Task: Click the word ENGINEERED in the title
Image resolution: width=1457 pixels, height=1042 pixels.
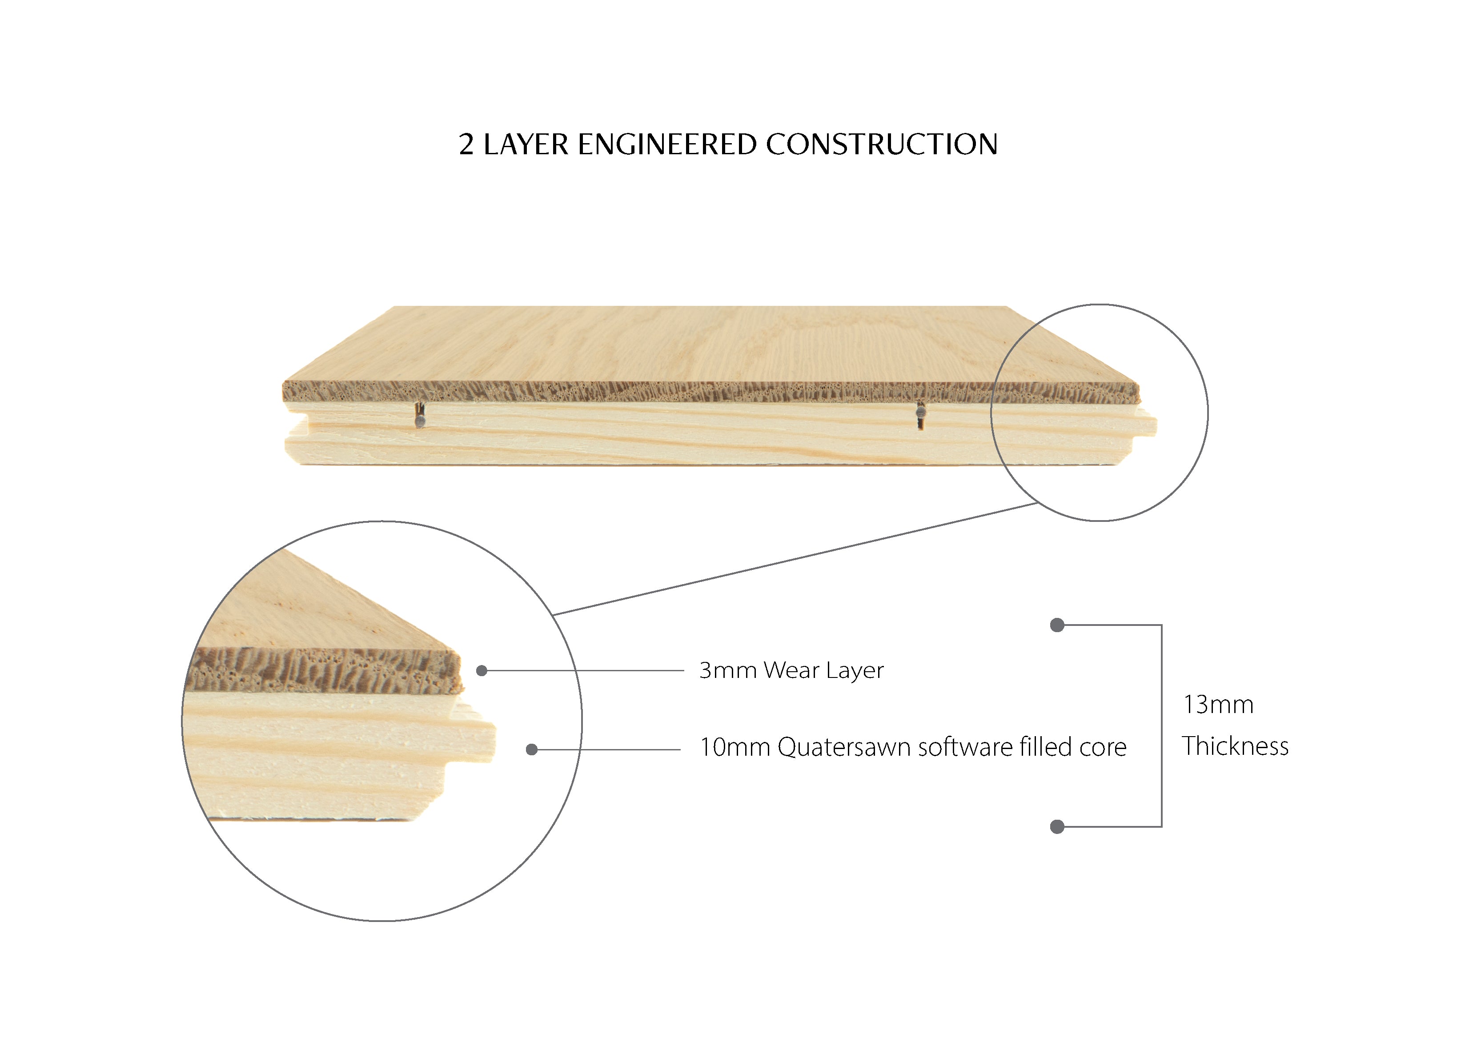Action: (x=667, y=144)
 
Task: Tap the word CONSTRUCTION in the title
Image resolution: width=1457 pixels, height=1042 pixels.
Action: (x=882, y=144)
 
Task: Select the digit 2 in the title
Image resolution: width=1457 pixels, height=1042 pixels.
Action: (x=466, y=145)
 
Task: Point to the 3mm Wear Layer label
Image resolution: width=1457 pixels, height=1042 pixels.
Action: (x=791, y=670)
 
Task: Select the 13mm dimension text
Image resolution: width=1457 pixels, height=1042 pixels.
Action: (x=1218, y=705)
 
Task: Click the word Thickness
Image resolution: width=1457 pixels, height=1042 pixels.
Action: (x=1235, y=746)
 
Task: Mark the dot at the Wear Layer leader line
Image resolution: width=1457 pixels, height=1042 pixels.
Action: (x=482, y=670)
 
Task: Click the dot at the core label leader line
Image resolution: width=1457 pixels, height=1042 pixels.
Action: (x=531, y=749)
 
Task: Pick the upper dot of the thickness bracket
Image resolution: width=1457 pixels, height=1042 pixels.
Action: (x=1057, y=625)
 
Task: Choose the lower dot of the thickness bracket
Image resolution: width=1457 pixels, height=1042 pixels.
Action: (x=1057, y=826)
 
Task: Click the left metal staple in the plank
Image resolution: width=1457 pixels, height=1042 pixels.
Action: (x=420, y=415)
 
